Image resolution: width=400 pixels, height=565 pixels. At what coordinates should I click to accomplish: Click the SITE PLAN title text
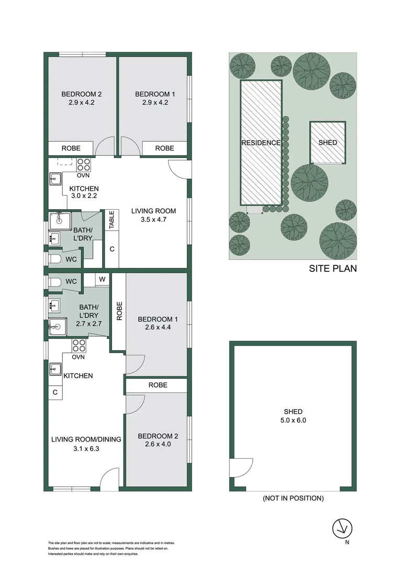coord(333,269)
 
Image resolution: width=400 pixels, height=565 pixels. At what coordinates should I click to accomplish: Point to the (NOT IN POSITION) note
coord(293,499)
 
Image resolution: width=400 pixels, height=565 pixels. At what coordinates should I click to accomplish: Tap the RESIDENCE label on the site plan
coord(261,143)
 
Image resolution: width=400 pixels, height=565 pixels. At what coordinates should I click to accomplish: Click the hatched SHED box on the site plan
coord(328,142)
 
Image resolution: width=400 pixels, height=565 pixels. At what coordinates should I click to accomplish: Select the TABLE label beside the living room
coord(112,220)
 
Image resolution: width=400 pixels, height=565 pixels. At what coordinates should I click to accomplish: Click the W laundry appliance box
coord(103,279)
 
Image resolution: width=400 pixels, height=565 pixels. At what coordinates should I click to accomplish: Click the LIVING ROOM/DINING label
coord(86,439)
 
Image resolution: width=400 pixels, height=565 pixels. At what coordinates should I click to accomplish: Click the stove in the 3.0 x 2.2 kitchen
coord(84,165)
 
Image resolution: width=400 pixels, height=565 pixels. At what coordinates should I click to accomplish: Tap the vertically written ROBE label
coord(119,311)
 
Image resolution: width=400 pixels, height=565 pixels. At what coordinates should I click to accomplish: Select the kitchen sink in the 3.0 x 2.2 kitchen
coord(56,179)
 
